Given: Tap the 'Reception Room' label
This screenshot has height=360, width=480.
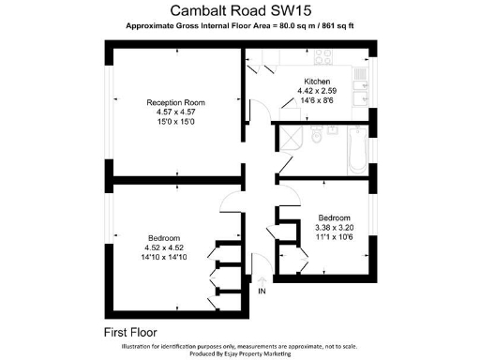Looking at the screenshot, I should click(174, 102).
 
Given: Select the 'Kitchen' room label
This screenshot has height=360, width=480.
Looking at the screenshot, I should click(316, 81).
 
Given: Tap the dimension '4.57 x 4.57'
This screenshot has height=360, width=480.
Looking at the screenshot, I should click(174, 113).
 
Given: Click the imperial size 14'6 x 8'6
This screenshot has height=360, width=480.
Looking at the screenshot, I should click(315, 102).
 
